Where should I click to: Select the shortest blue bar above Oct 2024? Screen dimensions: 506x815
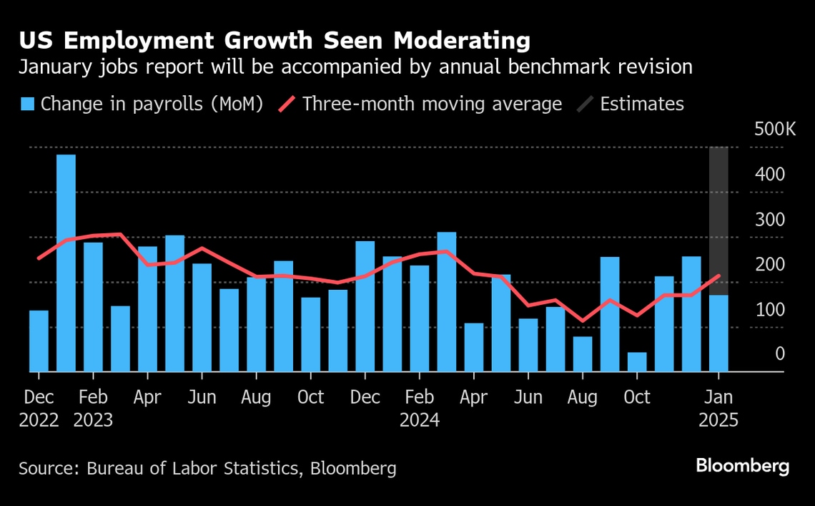(636, 362)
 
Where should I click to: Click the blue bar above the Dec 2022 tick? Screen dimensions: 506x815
(39, 341)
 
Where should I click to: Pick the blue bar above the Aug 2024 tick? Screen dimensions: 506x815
(582, 354)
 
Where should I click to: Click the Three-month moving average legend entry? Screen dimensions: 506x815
(422, 104)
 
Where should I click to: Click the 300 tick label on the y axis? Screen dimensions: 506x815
(770, 220)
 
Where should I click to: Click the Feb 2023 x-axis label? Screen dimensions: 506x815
(93, 408)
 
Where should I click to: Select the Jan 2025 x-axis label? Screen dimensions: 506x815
(718, 408)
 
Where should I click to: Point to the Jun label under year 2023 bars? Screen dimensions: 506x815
(202, 397)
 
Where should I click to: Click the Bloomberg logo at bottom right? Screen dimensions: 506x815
(743, 467)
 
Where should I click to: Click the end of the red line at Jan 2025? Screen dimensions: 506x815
(718, 276)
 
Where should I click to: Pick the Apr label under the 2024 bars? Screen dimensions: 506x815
(473, 397)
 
